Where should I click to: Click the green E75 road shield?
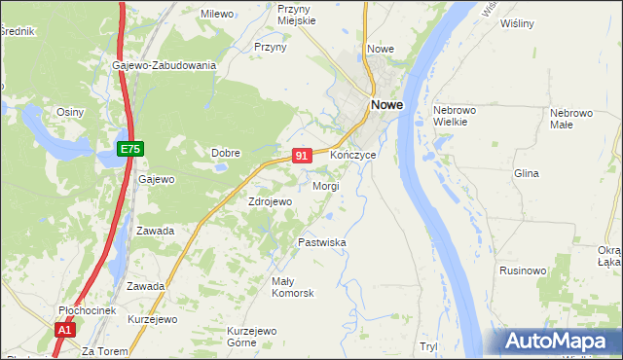click(131, 148)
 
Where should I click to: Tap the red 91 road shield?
click(302, 155)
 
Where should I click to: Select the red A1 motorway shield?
click(64, 330)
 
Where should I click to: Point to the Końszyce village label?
click(352, 156)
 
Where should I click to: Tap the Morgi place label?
click(325, 185)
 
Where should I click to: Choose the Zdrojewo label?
click(270, 201)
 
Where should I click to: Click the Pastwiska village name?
click(322, 242)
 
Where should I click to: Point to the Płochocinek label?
click(87, 310)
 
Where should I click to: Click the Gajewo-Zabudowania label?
click(164, 65)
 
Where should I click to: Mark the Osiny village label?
click(70, 112)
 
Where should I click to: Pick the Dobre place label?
click(226, 152)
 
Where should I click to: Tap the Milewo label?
click(217, 14)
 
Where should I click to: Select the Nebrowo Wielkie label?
click(452, 116)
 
